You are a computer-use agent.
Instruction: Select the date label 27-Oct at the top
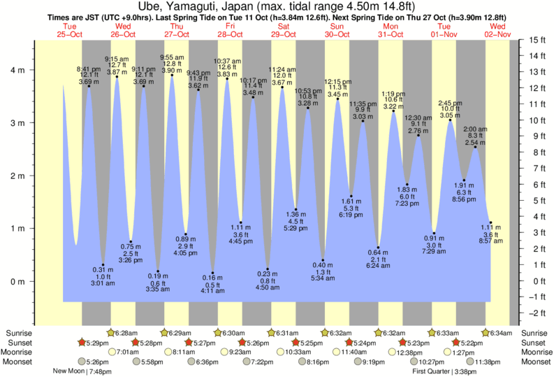click(176, 34)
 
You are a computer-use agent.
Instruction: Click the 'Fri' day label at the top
click(230, 27)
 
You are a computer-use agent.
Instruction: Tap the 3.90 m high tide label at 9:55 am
click(172, 71)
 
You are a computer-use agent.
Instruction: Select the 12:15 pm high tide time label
click(338, 82)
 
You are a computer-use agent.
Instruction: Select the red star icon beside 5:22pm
click(456, 343)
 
